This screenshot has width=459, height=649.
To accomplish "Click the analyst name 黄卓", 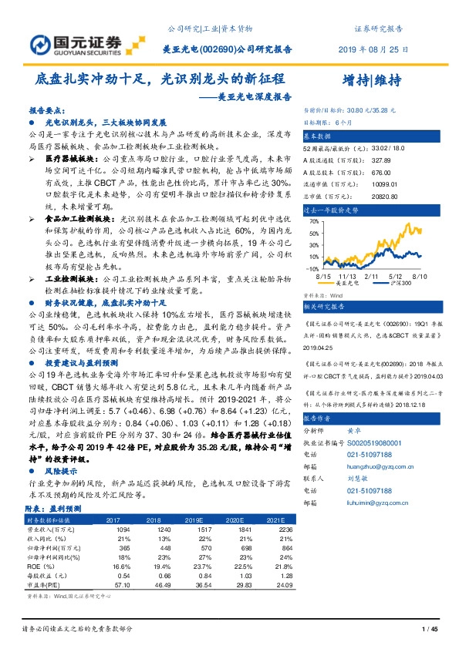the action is (x=354, y=432).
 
